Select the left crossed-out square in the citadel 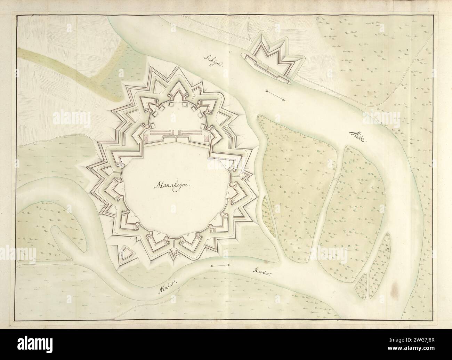click(146, 138)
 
